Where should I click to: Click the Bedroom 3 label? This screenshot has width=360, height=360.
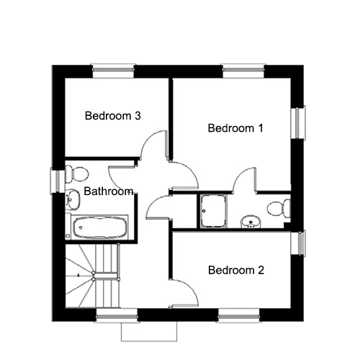click(112, 116)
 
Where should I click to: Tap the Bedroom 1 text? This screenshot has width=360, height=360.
click(235, 128)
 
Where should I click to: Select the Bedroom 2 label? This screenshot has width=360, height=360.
click(236, 270)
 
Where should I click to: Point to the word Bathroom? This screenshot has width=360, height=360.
click(109, 192)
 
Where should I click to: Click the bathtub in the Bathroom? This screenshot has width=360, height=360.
click(99, 228)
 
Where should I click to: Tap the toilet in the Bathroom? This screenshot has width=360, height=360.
click(77, 174)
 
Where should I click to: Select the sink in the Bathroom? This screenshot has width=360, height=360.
click(73, 199)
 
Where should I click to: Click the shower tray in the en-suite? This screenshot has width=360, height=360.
click(214, 211)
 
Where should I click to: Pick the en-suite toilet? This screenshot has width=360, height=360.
click(279, 208)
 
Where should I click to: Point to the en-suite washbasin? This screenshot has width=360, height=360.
click(251, 221)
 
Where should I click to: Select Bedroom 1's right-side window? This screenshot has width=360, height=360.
click(299, 123)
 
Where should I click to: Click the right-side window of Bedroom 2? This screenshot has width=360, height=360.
click(298, 243)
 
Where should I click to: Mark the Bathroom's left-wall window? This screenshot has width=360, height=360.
click(58, 181)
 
